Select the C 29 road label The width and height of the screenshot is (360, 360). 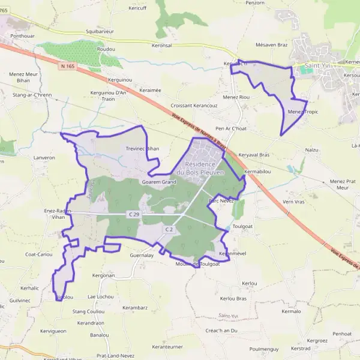pyautogui.click(x=134, y=214)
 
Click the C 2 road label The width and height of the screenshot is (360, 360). pyautogui.click(x=169, y=229)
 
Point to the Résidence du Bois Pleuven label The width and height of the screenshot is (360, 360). pyautogui.click(x=205, y=168)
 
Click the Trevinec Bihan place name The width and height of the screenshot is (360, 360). pyautogui.click(x=143, y=148)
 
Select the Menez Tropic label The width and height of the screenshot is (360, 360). pyautogui.click(x=302, y=112)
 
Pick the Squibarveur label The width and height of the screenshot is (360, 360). pyautogui.click(x=100, y=31)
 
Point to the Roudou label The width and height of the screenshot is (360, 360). pyautogui.click(x=106, y=49)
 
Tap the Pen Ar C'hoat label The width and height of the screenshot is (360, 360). pyautogui.click(x=231, y=128)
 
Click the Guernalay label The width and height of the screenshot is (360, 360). pyautogui.click(x=142, y=255)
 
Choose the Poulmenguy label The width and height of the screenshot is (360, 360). pyautogui.click(x=264, y=349)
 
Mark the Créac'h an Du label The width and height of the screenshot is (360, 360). pyautogui.click(x=221, y=331)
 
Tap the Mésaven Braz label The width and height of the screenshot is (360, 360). pyautogui.click(x=272, y=44)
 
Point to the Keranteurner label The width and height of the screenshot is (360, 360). pyautogui.click(x=167, y=347)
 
